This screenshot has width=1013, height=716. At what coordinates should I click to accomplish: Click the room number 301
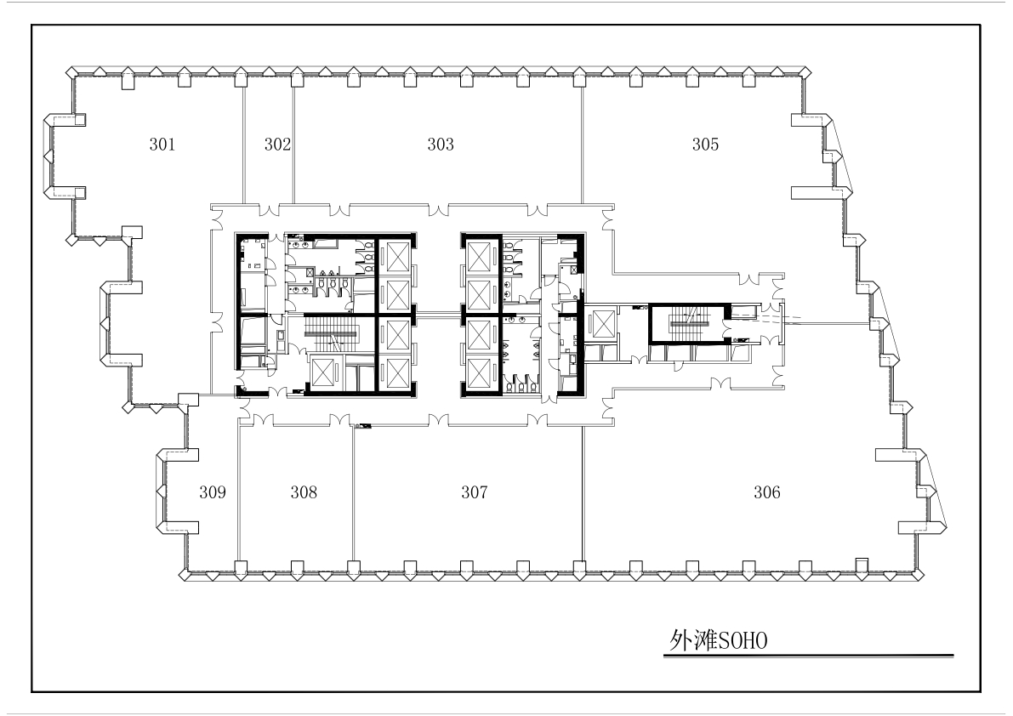tap(162, 144)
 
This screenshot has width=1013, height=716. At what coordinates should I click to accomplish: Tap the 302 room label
tap(277, 144)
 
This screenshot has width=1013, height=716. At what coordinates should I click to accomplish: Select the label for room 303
tap(441, 144)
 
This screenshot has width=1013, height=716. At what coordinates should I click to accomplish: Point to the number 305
tap(705, 144)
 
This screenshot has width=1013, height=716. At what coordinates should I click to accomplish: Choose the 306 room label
tap(767, 492)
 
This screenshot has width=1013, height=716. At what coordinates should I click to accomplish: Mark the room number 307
tap(475, 492)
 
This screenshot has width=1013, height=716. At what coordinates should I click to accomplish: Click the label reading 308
tap(304, 492)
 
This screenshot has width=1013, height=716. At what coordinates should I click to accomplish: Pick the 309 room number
tap(213, 492)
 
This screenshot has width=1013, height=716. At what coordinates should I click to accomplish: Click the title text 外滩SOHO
tap(719, 640)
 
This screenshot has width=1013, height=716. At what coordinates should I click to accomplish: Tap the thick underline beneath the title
tap(808, 656)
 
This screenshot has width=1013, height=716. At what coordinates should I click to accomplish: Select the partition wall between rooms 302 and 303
tap(294, 145)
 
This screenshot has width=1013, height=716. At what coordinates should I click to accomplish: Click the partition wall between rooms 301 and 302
tap(243, 145)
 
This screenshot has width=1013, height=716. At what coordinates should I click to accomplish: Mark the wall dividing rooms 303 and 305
tap(583, 145)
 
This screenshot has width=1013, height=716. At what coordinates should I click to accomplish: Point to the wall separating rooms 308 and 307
tap(353, 493)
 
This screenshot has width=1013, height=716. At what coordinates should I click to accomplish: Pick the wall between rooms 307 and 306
tap(583, 493)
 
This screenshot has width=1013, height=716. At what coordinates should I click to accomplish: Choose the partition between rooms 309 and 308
tap(239, 493)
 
